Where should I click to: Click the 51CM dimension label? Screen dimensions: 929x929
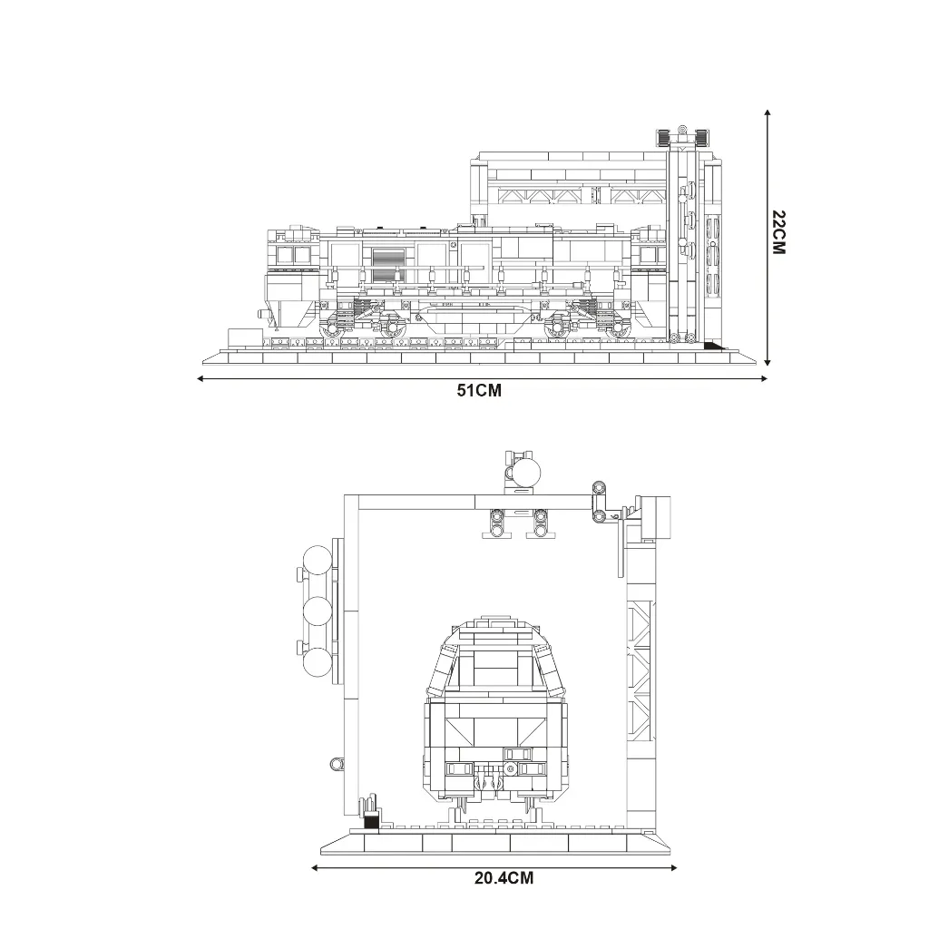pos(479,391)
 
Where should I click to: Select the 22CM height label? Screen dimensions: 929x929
pos(778,232)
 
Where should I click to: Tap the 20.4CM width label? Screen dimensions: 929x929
pos(503,878)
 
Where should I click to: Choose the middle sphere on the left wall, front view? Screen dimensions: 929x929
pos(318,611)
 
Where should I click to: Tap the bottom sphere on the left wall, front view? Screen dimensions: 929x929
pos(318,661)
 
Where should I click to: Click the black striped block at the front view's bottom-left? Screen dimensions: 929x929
pos(370,822)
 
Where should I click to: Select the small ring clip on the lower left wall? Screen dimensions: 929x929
pos(336,765)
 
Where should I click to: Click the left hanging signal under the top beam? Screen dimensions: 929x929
pos(496,523)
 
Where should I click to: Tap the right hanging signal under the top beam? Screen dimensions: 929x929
pos(541,523)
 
